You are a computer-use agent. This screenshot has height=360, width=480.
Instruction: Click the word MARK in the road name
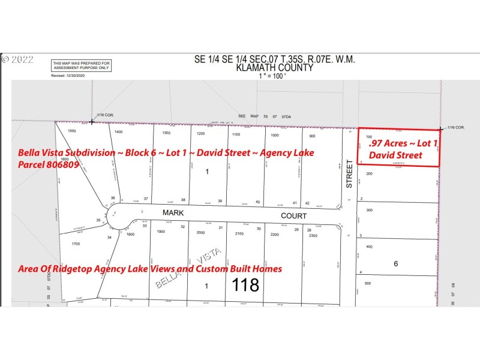pyautogui.click(x=172, y=214)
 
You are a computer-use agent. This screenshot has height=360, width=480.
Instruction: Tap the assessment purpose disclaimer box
pyautogui.click(x=81, y=65)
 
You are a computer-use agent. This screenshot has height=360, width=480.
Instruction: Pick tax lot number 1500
pyautogui.click(x=72, y=130)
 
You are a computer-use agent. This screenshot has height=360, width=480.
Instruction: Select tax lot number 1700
pyautogui.click(x=75, y=244)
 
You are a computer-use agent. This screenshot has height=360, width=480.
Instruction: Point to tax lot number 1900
pyautogui.click(x=160, y=232)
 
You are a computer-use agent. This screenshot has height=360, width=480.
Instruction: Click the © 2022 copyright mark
pyautogui.click(x=17, y=59)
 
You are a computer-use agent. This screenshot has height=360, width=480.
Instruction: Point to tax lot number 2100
pyautogui.click(x=240, y=234)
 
